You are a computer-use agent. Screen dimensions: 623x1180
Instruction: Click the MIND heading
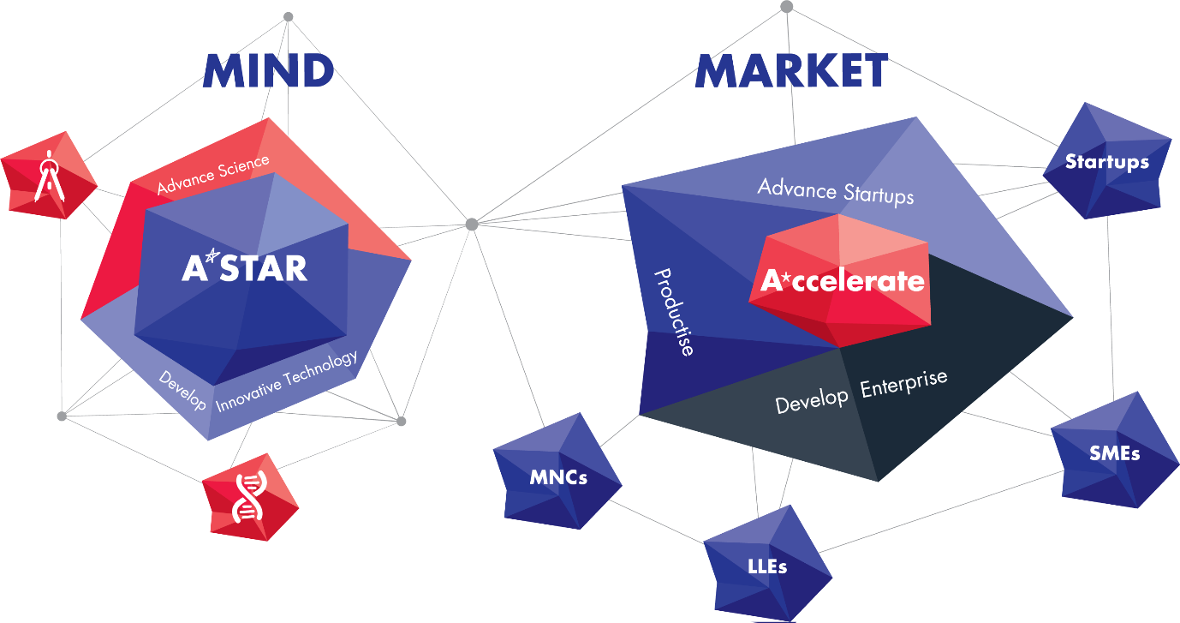tap(268, 71)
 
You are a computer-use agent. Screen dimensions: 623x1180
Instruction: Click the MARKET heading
tap(790, 71)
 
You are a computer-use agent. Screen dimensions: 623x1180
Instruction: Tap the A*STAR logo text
tap(244, 268)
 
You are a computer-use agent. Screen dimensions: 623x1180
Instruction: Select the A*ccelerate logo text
tap(843, 281)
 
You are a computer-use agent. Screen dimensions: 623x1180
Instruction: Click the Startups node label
tap(1106, 162)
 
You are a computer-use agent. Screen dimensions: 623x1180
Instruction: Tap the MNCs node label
tap(557, 477)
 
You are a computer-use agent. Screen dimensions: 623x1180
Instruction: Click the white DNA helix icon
tap(249, 497)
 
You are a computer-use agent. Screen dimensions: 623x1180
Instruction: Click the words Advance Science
tap(213, 173)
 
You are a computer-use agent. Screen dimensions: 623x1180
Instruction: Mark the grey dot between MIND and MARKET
tap(471, 225)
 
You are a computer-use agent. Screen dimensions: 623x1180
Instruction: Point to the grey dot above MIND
tap(288, 16)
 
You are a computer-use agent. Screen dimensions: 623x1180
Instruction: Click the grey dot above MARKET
tap(786, 7)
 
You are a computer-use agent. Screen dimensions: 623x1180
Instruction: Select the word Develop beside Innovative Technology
tap(182, 390)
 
